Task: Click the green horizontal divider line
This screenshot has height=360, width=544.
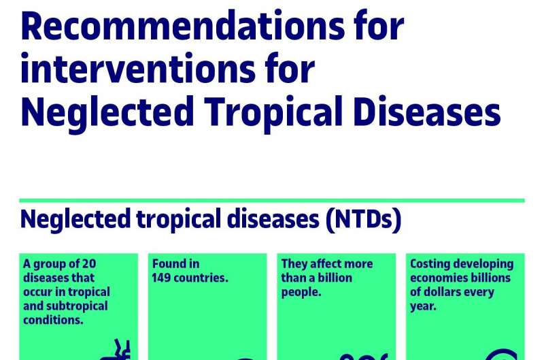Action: [x=272, y=201]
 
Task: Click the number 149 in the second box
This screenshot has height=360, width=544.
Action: [x=164, y=278]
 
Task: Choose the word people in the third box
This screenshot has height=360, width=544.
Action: [x=300, y=292]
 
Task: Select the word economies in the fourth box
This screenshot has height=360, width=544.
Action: [x=439, y=278]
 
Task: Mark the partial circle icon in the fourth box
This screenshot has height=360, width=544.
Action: [x=502, y=355]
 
